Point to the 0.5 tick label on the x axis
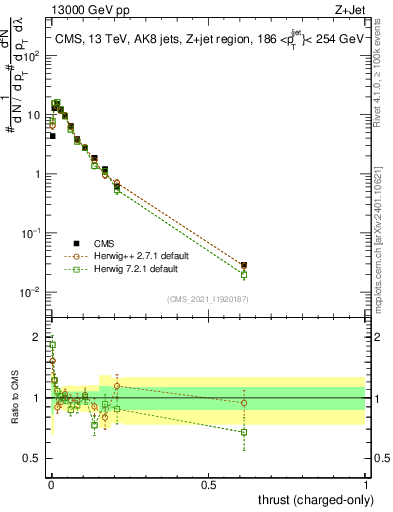click(209, 484)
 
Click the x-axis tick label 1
click(366, 484)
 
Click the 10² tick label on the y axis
click(33, 55)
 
